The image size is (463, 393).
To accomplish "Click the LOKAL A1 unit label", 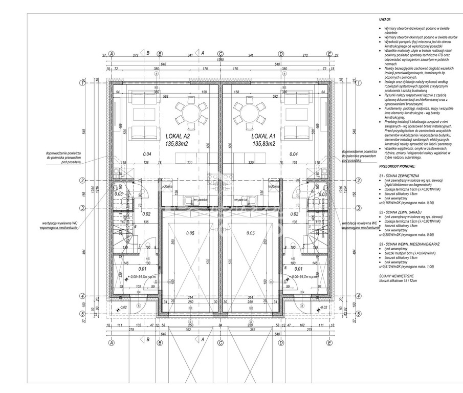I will (263, 137).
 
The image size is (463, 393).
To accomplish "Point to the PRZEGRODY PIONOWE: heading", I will (398, 166).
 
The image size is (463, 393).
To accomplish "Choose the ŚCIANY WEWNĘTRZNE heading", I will (396, 275).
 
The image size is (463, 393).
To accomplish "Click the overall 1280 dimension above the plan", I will (221, 59).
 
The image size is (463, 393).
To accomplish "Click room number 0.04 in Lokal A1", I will (294, 154).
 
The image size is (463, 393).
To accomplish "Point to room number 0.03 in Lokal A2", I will (118, 194).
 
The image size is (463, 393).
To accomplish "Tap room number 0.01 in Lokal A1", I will (299, 268).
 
